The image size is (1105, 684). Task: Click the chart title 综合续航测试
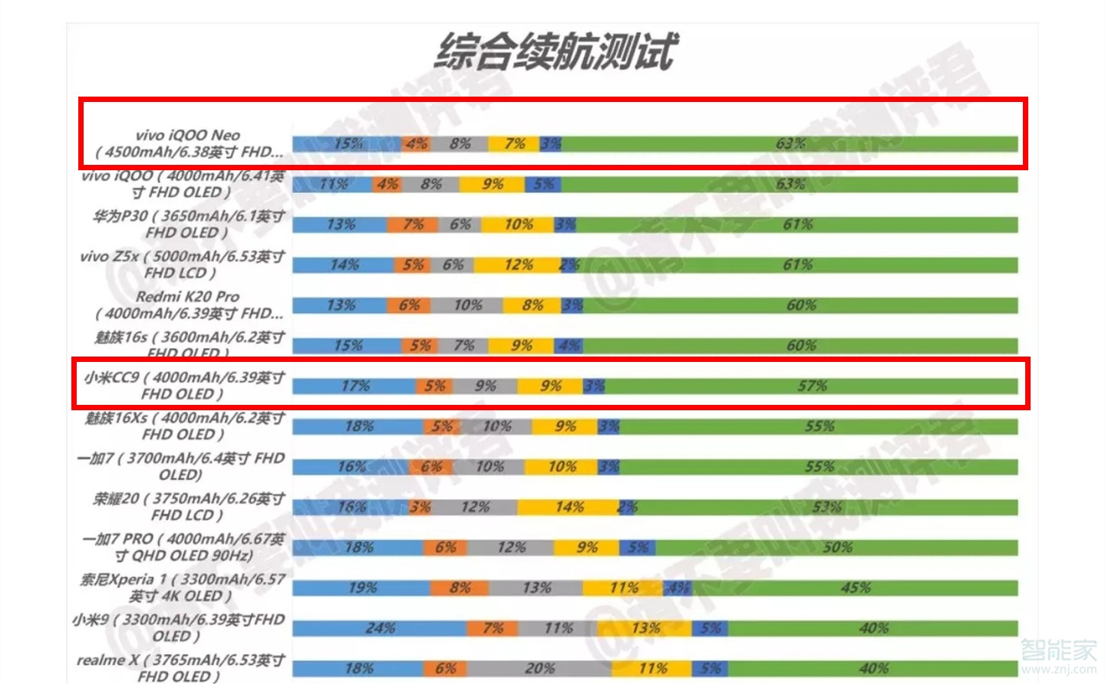[x=556, y=52]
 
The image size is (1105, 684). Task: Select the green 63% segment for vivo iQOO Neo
[x=790, y=143]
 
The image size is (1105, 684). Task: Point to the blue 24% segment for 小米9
[x=379, y=628]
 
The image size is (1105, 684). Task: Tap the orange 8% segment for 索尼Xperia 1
[x=459, y=588]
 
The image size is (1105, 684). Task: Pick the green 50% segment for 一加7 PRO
[x=836, y=548]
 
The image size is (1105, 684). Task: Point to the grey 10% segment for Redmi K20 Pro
[x=467, y=305]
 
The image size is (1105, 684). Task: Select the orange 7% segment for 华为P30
[x=412, y=225]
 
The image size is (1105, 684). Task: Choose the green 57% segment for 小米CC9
[x=811, y=386]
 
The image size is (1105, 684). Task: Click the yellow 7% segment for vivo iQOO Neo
[x=514, y=143]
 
